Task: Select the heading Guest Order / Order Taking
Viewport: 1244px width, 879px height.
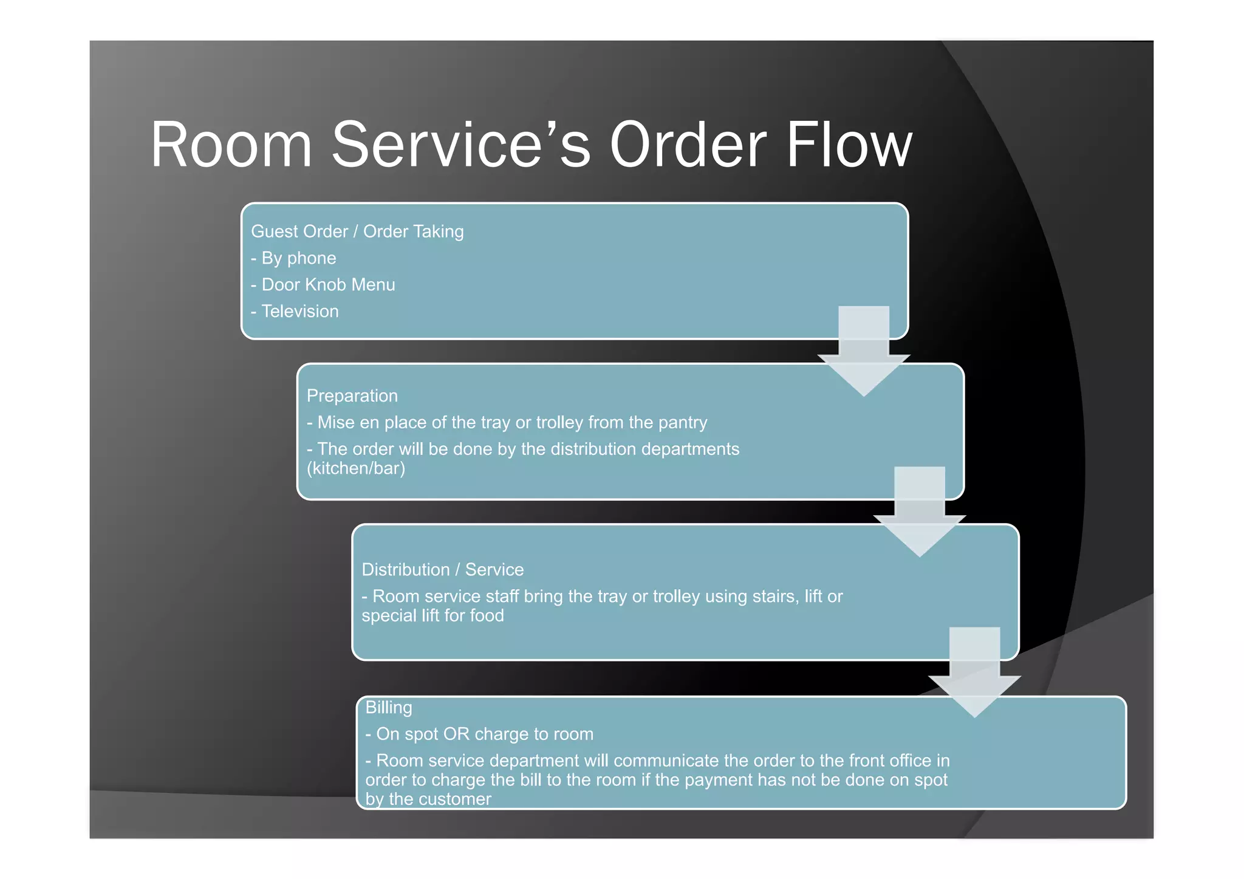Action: pos(357,231)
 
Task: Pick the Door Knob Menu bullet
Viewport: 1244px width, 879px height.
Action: pos(323,285)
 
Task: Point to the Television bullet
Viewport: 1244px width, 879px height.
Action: pos(295,312)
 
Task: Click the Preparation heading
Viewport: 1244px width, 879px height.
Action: pos(352,396)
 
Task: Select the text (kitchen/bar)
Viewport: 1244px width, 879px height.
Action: pos(356,468)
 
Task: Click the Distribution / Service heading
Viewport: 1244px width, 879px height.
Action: pos(443,570)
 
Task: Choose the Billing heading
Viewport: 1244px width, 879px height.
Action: pos(389,708)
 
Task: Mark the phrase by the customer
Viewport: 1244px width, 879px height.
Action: pos(428,799)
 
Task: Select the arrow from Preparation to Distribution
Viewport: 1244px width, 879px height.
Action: pos(920,511)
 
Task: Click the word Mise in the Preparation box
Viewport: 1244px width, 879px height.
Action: pos(336,423)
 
